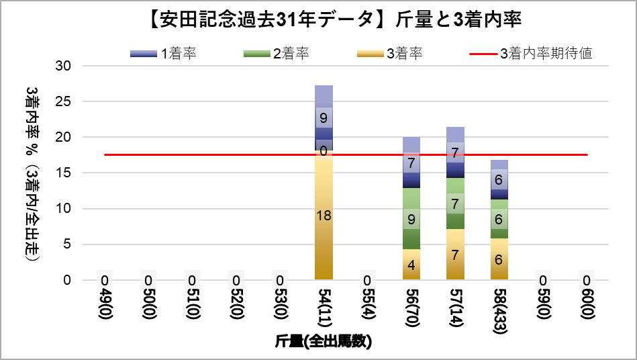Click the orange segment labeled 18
coord(324,215)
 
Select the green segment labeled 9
coord(411,218)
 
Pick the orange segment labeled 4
coord(411,264)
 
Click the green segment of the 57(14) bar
coord(455,204)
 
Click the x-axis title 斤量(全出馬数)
coord(323,342)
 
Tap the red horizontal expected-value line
coord(201,154)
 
